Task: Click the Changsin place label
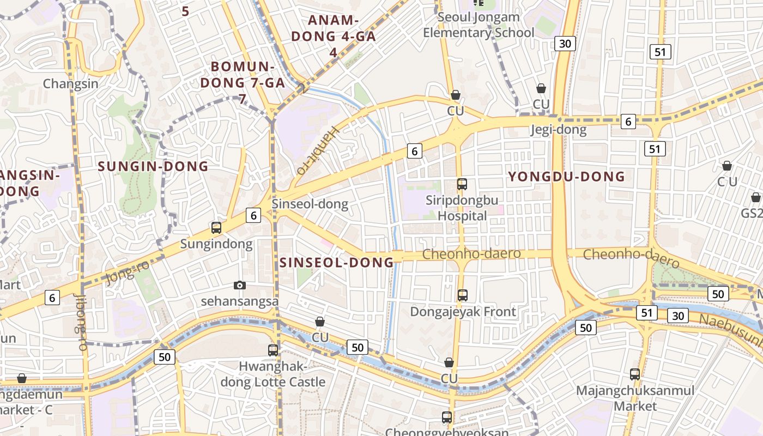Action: coord(70,83)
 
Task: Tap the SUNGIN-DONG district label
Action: coord(153,166)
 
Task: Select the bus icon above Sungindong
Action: coord(216,228)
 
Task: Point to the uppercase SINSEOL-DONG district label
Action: coord(336,262)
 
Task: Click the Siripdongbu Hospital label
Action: coord(462,208)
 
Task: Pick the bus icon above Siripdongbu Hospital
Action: coord(462,184)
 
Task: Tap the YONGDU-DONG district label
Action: coord(566,177)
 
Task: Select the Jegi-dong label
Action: coord(559,130)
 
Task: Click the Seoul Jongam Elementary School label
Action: coord(479,25)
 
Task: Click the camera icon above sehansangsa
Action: coord(239,285)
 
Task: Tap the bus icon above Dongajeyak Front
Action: coord(462,295)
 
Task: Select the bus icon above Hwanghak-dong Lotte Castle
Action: coord(273,350)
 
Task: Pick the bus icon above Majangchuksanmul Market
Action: coord(635,374)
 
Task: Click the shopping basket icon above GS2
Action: coord(755,197)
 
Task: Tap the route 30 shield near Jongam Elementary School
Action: coord(565,43)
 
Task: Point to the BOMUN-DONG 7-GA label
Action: coord(243,82)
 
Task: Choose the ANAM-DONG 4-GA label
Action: coord(333,36)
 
